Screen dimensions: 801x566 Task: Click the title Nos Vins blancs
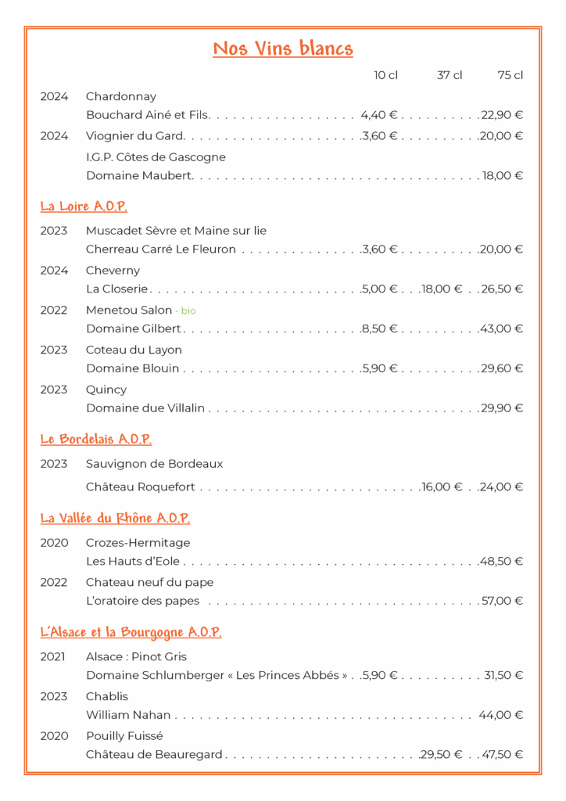tap(283, 49)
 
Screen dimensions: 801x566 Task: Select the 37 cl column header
tap(450, 75)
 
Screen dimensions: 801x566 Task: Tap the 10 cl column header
tap(385, 75)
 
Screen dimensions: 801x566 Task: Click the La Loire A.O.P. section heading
tap(84, 207)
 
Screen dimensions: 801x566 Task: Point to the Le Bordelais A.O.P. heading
tap(96, 440)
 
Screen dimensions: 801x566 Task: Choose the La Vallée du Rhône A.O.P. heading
tap(115, 518)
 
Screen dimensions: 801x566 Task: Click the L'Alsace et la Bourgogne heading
tap(131, 632)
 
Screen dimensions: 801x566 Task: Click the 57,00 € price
tap(503, 601)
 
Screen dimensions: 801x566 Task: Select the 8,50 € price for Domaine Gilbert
tap(380, 329)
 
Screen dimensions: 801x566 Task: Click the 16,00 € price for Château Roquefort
tap(442, 487)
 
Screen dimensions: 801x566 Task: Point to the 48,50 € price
tap(503, 561)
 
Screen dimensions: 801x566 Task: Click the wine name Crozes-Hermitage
tap(138, 543)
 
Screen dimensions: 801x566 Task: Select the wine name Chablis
tap(107, 696)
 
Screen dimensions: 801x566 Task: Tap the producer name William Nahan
tap(128, 715)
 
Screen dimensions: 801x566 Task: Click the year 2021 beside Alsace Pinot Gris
tap(54, 656)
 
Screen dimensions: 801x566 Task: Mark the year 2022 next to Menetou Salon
tap(54, 310)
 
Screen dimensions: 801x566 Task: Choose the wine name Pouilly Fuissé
tap(126, 736)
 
